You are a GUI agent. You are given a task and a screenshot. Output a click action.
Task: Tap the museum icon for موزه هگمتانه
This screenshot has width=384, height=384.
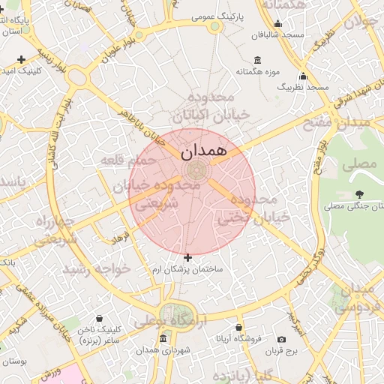point(258,61)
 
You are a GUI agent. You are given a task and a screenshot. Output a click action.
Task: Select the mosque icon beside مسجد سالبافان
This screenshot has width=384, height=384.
point(277,23)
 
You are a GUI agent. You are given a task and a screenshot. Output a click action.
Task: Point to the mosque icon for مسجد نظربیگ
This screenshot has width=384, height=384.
point(303,76)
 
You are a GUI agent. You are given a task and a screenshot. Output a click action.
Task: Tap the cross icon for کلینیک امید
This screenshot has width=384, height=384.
point(21,59)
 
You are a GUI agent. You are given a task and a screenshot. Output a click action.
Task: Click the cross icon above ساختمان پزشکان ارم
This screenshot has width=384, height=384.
point(187,257)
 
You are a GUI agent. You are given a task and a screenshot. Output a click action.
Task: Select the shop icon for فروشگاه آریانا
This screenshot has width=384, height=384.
point(238,328)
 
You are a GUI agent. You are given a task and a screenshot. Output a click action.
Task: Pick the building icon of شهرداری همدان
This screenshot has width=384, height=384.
point(163,339)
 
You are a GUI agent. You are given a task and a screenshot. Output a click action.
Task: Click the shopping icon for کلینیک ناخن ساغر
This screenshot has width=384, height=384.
point(99,319)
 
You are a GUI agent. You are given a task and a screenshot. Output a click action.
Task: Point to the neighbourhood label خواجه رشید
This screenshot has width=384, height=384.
point(91,268)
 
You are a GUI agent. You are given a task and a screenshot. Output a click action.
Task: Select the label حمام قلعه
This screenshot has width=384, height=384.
point(130,160)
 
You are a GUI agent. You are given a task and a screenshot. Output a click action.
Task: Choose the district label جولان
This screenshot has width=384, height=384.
point(358,21)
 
